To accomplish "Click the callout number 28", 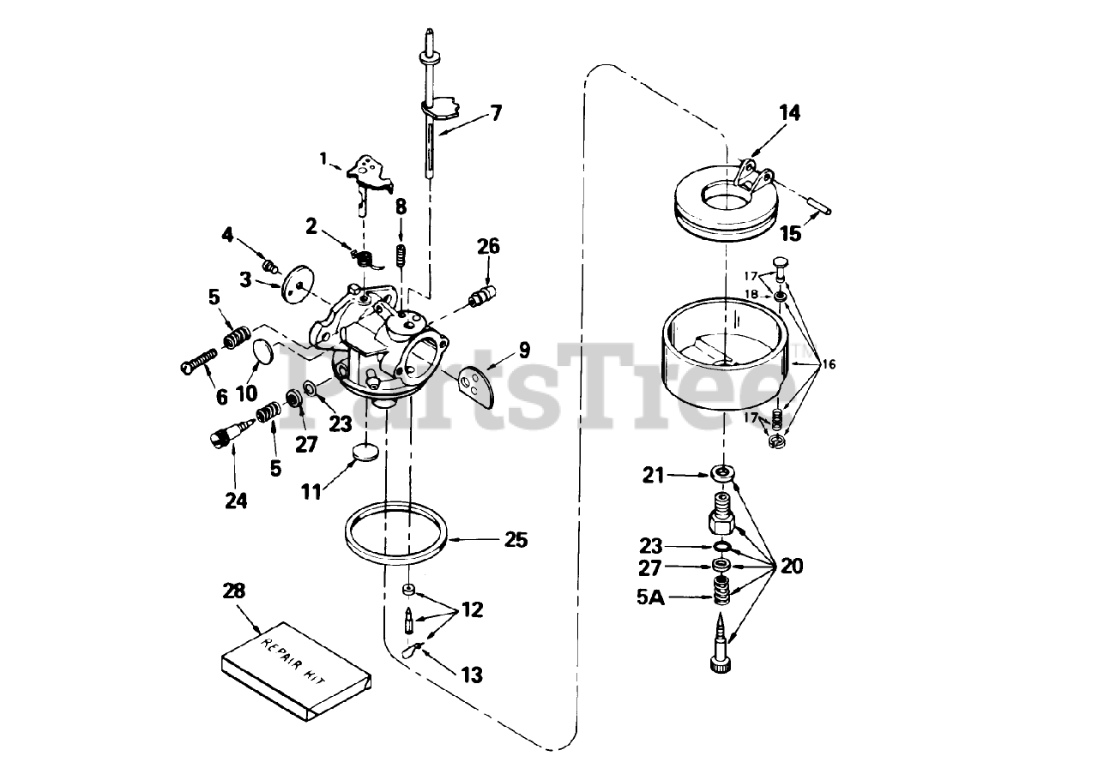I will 233,591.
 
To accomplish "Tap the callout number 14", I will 789,112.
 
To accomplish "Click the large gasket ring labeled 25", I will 396,536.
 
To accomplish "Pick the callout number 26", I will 488,248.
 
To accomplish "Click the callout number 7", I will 496,113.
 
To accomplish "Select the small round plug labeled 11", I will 366,452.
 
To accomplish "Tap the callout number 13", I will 471,675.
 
